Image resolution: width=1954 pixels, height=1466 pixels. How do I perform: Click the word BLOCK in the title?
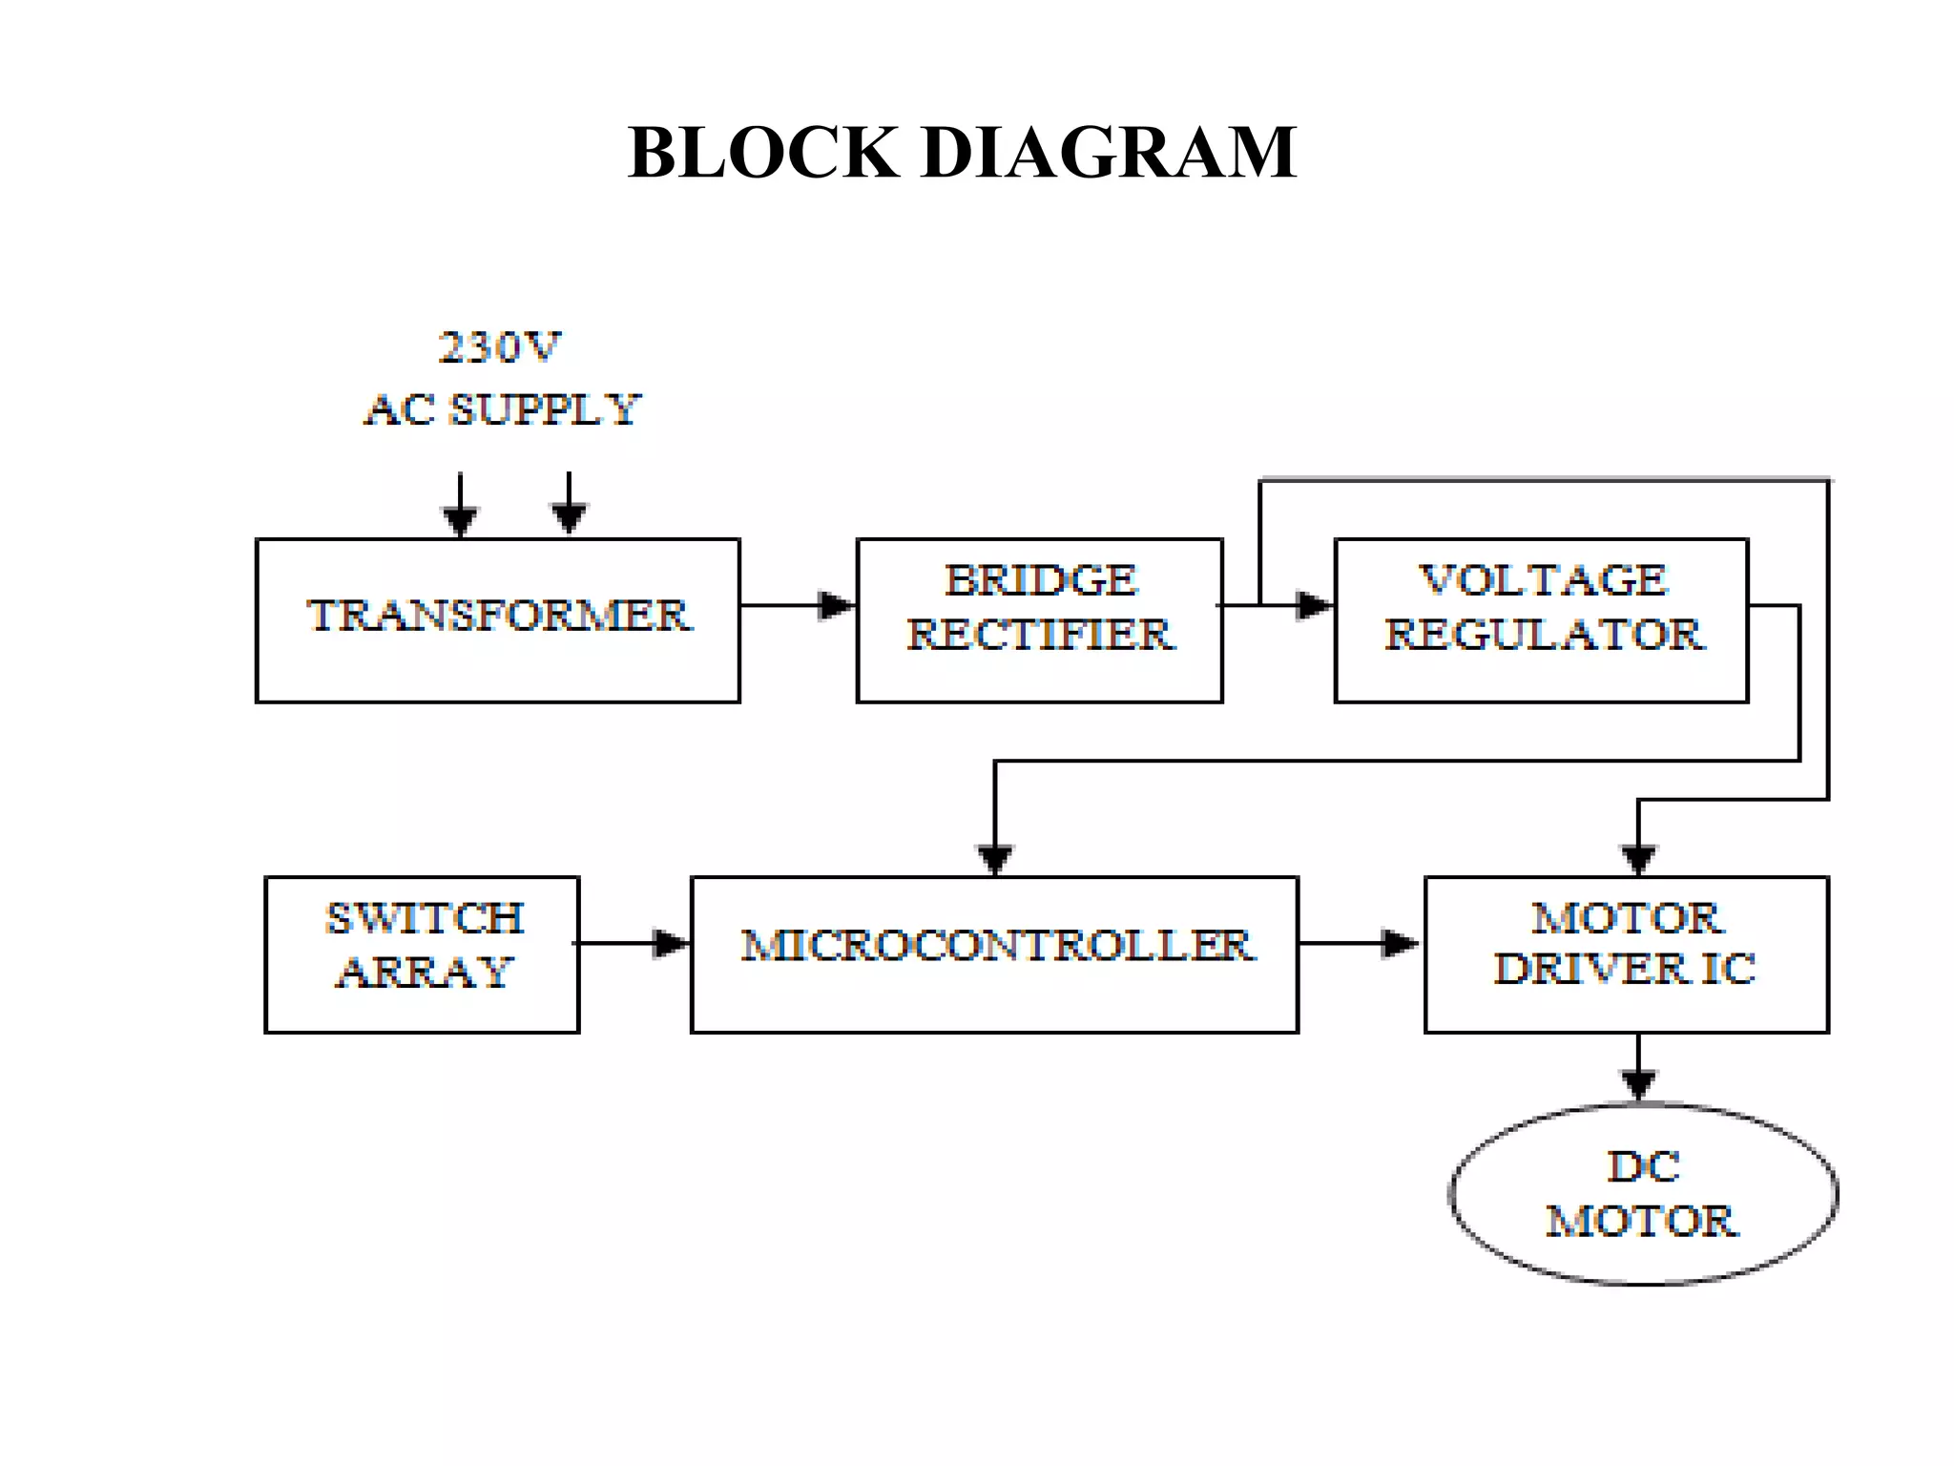[x=763, y=153]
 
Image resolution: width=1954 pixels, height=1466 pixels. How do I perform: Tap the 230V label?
[x=500, y=347]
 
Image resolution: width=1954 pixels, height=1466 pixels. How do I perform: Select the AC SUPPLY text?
[x=502, y=410]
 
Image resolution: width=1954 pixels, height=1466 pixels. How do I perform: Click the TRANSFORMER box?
[x=497, y=620]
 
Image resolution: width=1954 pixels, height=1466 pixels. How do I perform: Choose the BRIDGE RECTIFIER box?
[x=1039, y=620]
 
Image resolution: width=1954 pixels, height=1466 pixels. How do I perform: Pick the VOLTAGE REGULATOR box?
[x=1541, y=620]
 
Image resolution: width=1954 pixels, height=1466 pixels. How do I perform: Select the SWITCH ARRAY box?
[x=422, y=953]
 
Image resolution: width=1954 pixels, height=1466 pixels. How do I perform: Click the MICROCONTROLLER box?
[x=994, y=953]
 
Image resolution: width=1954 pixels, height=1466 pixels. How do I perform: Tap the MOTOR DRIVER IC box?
[x=1626, y=953]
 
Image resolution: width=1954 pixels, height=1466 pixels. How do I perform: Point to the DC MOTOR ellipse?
[x=1643, y=1194]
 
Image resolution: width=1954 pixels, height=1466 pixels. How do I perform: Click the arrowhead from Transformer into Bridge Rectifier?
[x=837, y=605]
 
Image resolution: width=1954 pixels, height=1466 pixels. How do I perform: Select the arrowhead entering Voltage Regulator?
[x=1315, y=605]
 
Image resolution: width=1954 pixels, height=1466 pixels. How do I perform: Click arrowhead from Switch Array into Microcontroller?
[x=671, y=943]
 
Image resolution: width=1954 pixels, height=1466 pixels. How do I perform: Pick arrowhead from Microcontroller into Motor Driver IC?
[x=1401, y=943]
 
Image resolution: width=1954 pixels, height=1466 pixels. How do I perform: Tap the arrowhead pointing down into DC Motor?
[x=1638, y=1084]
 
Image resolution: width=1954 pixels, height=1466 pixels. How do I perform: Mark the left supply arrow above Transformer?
[x=460, y=519]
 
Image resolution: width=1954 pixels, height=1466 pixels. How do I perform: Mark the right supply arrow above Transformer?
[x=569, y=517]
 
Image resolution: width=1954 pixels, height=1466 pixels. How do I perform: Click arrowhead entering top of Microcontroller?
[x=995, y=858]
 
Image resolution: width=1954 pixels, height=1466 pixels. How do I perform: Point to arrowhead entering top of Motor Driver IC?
[x=1638, y=858]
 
